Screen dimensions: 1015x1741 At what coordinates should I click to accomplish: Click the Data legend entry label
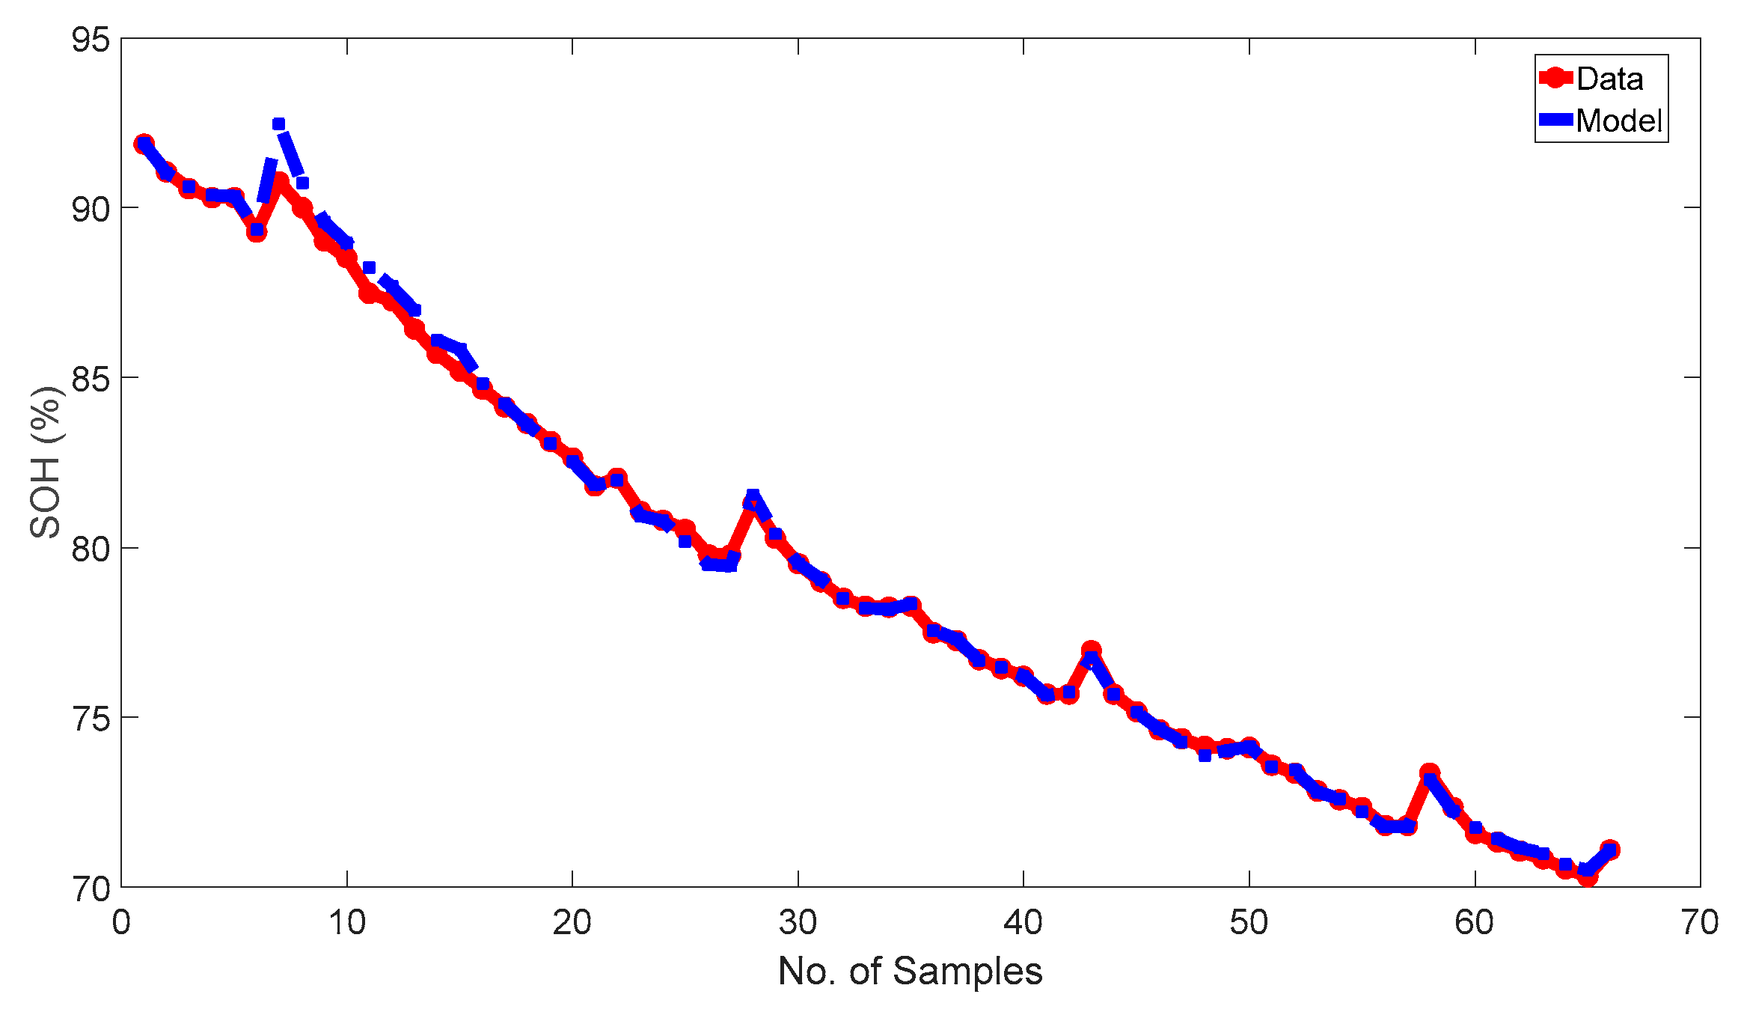tap(1609, 79)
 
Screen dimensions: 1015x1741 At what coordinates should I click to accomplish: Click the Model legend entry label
tap(1618, 121)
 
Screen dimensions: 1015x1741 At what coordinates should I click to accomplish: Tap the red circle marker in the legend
tap(1555, 78)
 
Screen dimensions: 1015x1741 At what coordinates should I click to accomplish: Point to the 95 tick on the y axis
tap(91, 40)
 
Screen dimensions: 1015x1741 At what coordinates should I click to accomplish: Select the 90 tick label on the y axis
tap(91, 209)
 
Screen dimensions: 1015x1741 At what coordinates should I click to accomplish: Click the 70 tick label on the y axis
tap(91, 888)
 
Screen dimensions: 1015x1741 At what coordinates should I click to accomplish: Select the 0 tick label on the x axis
tap(121, 922)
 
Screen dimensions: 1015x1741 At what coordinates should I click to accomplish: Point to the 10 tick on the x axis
tap(347, 922)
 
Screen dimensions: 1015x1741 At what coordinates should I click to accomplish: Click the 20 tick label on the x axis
tap(572, 922)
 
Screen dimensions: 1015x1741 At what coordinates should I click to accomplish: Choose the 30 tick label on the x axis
tap(798, 922)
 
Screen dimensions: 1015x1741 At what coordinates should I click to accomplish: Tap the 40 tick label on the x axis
tap(1024, 922)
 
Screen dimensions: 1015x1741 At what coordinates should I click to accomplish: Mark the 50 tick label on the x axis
tap(1249, 922)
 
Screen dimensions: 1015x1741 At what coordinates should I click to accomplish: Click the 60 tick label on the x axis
tap(1475, 922)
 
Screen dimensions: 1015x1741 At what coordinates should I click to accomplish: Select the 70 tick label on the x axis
tap(1700, 922)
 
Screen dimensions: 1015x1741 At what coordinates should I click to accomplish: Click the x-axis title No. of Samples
tap(910, 972)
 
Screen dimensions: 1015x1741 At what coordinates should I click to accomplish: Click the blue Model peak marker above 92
tap(278, 124)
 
